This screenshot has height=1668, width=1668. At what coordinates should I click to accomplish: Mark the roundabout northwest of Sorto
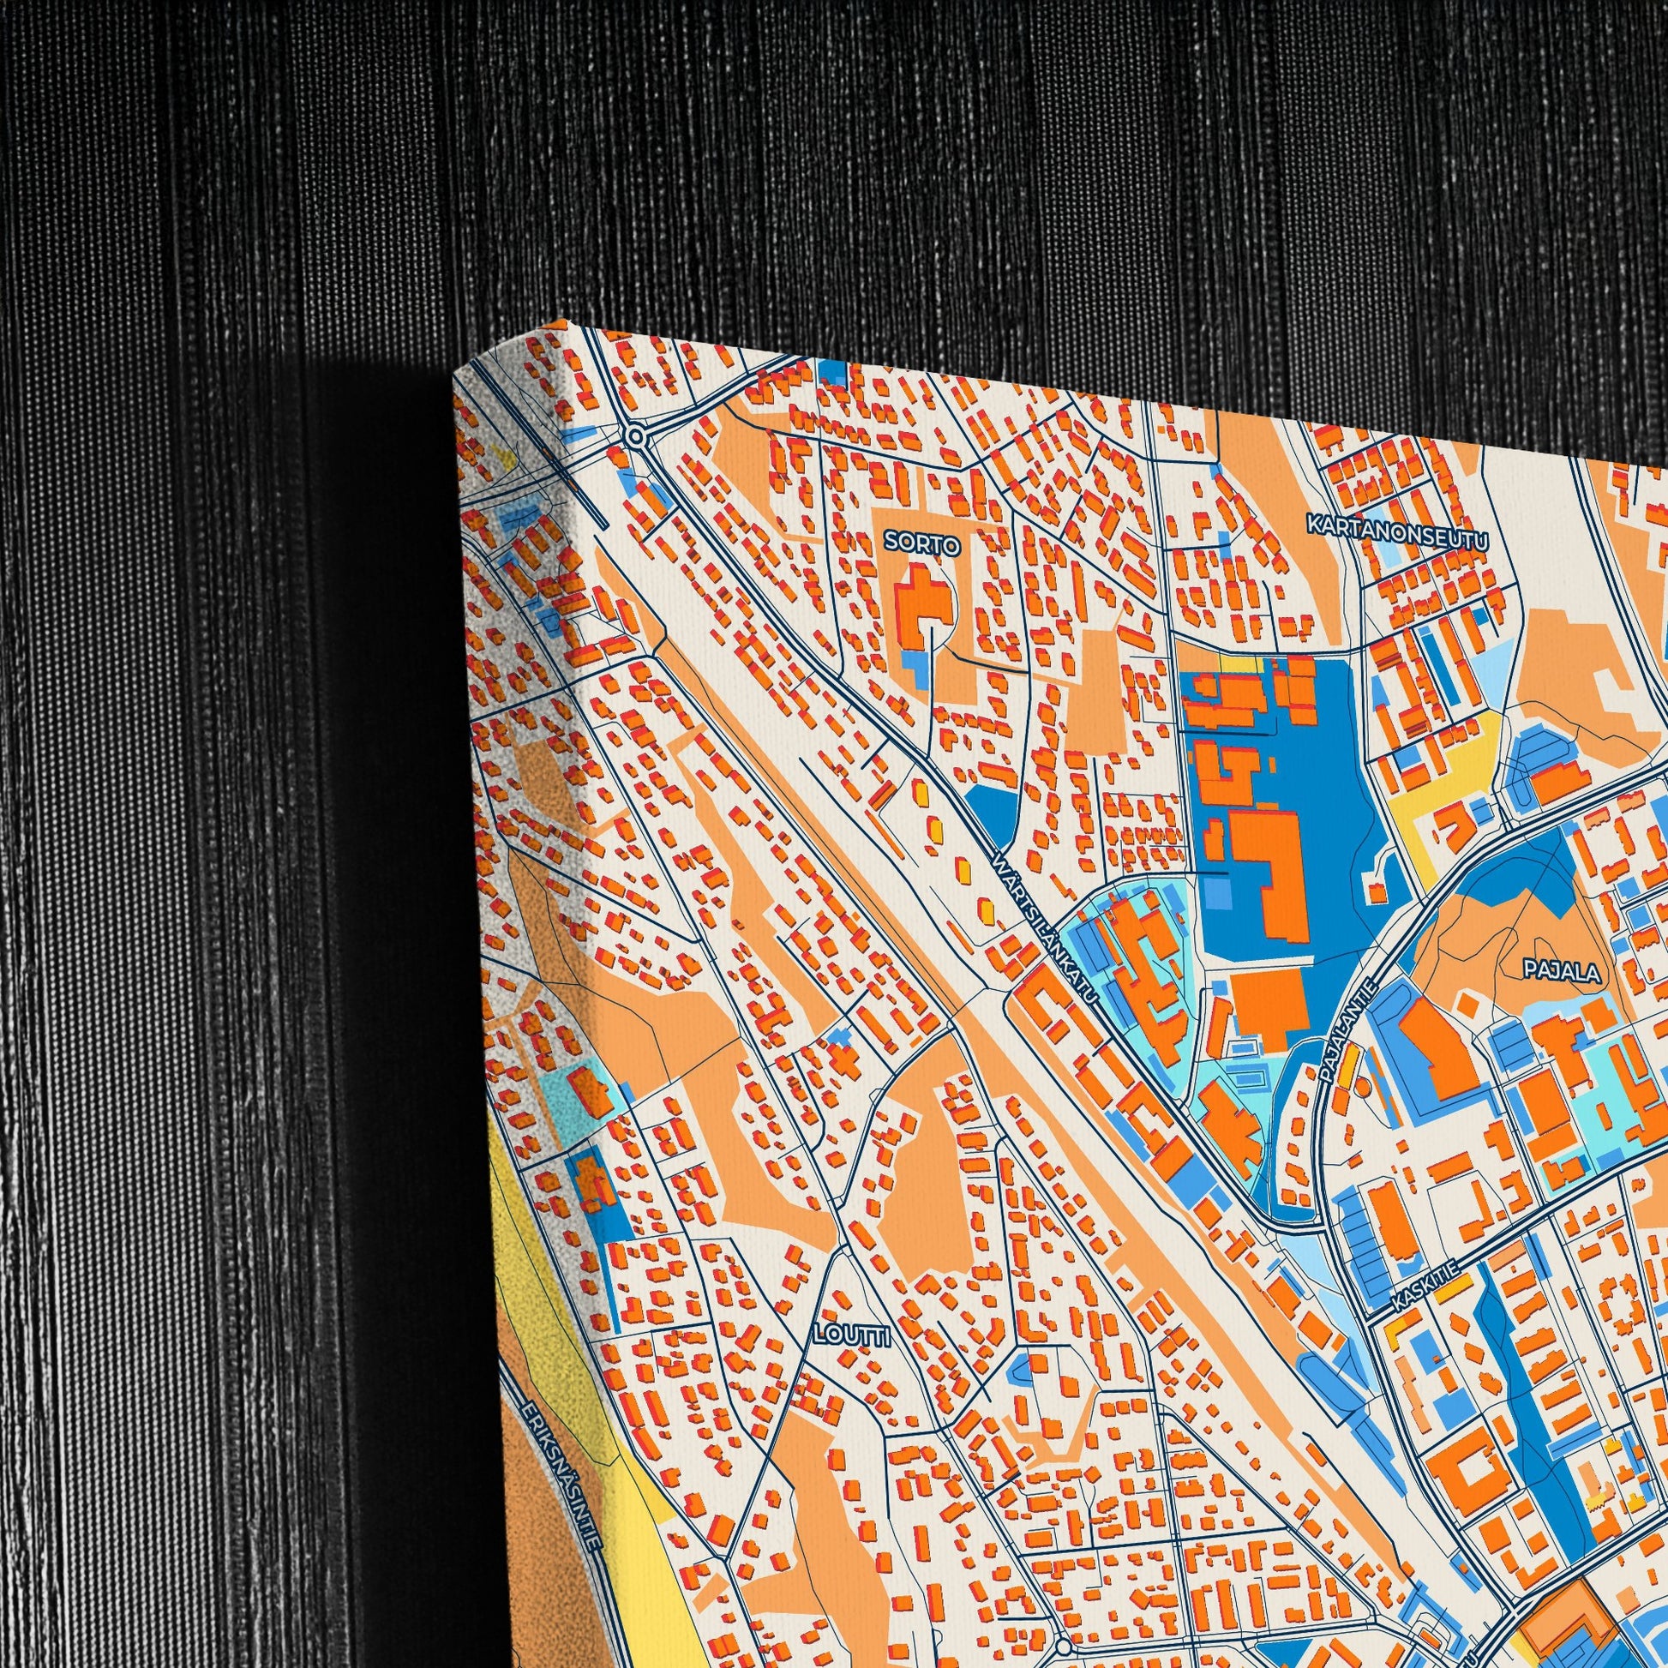click(x=637, y=437)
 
